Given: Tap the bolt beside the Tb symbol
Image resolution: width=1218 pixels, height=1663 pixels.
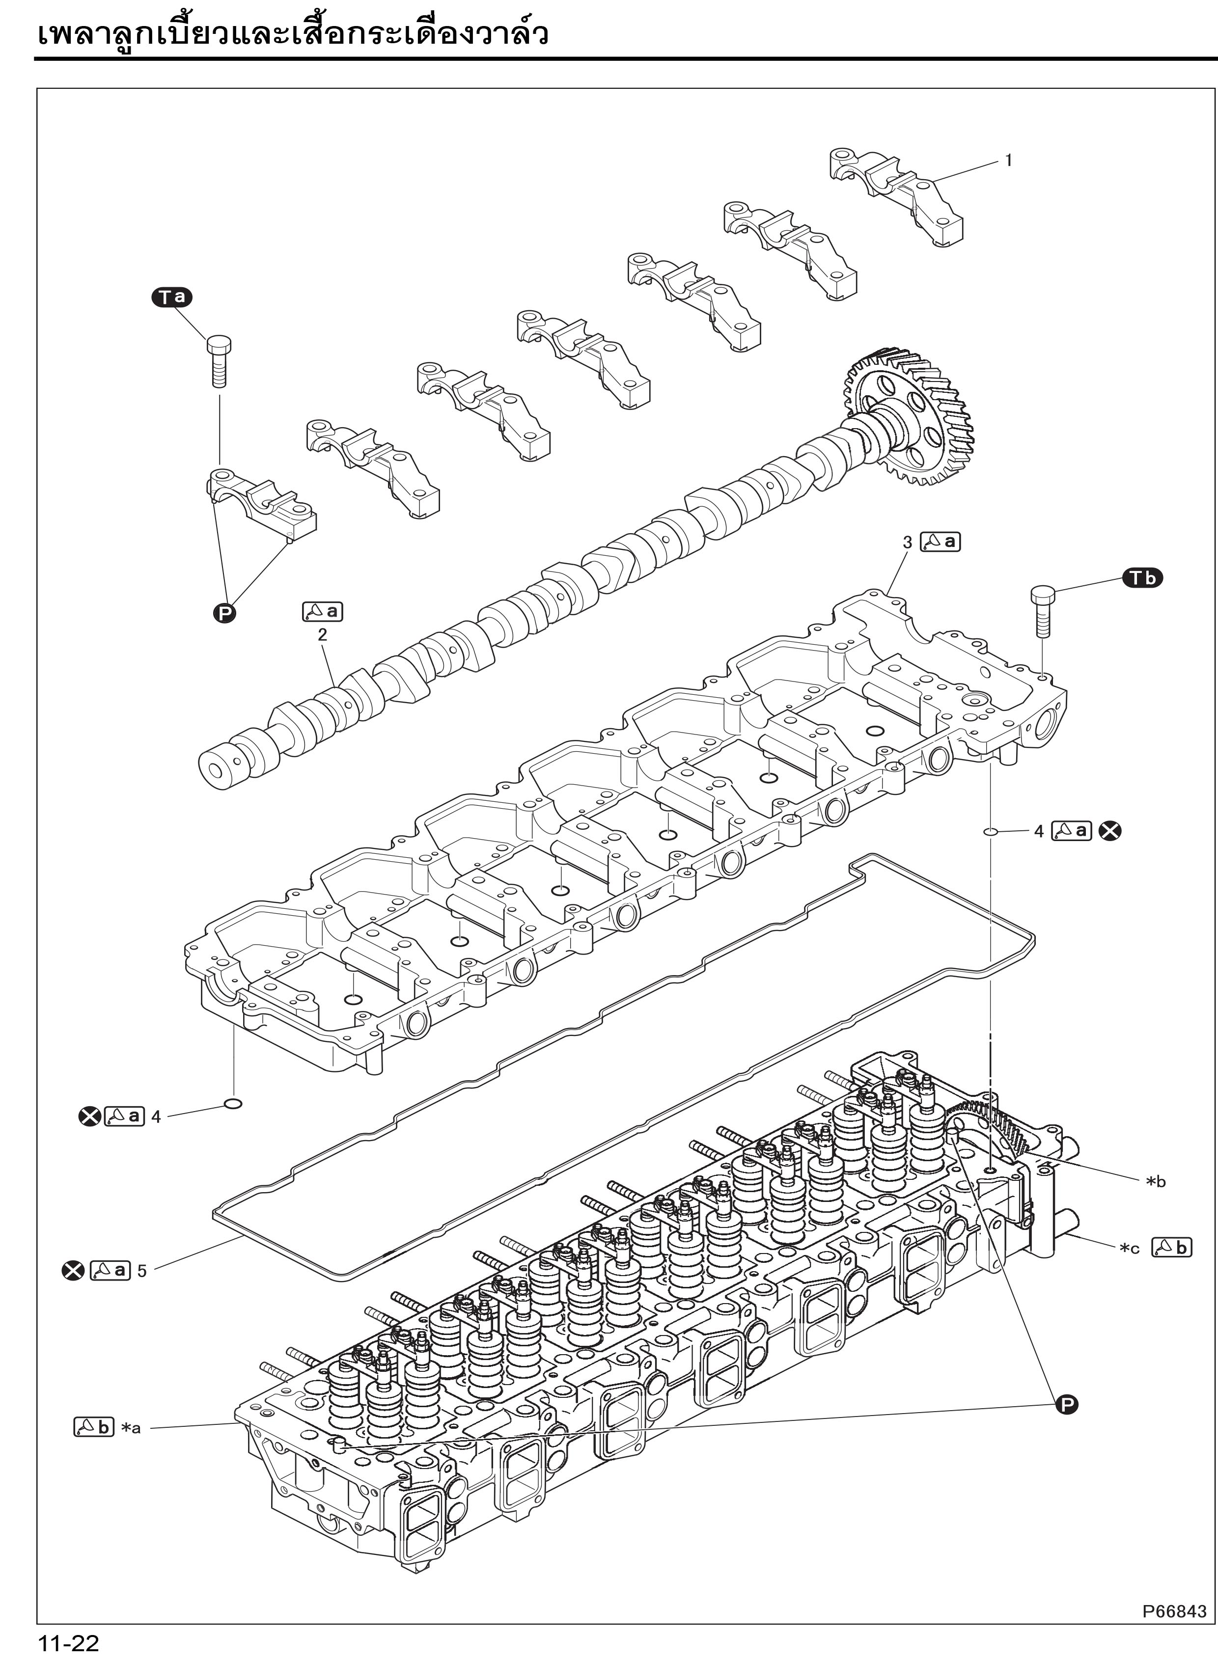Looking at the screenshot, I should (x=1042, y=610).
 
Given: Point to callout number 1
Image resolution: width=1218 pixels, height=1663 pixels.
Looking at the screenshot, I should (x=1009, y=161).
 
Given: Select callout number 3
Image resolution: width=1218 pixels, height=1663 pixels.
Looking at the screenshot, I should (x=908, y=542).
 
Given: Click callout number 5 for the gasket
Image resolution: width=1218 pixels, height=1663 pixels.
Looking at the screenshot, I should (x=141, y=1271).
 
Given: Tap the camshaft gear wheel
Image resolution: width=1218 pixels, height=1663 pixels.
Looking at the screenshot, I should (x=914, y=417).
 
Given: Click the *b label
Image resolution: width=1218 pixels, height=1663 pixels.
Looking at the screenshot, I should (x=1155, y=1182).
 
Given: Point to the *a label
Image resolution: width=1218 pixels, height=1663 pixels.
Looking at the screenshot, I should (x=131, y=1428).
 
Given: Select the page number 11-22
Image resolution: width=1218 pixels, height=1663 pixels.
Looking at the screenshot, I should (x=69, y=1642).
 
